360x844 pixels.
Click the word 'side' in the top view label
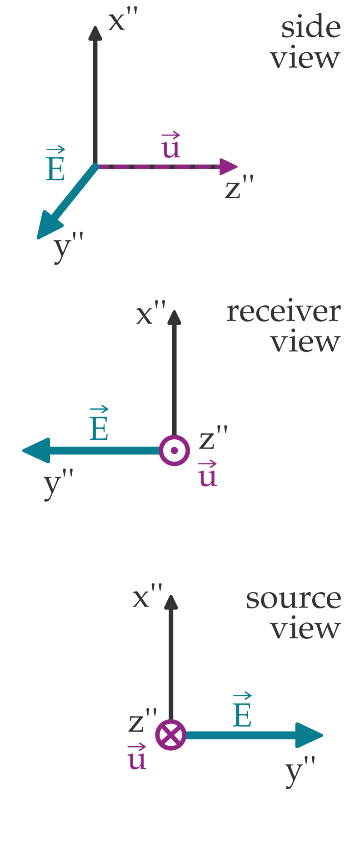pos(310,27)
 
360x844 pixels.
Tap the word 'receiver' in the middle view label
pos(283,312)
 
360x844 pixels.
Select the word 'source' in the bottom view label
pos(293,599)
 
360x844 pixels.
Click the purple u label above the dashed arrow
pos(171,146)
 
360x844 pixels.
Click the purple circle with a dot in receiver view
pos(175,451)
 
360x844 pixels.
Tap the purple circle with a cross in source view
pos(171,735)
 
